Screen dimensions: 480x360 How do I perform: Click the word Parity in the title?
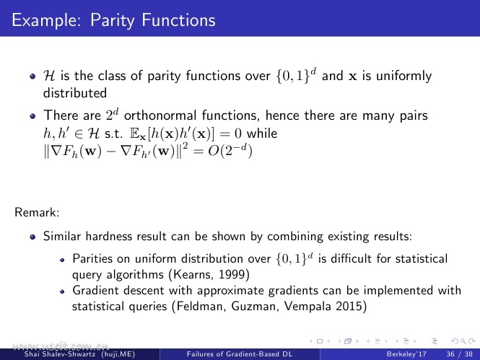(x=112, y=21)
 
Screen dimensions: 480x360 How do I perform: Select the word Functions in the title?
(x=178, y=20)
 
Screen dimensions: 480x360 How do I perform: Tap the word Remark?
(x=37, y=212)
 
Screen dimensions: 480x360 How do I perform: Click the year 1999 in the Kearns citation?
(x=232, y=274)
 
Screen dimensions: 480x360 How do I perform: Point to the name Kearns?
(x=193, y=274)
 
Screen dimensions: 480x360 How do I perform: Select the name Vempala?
(x=307, y=306)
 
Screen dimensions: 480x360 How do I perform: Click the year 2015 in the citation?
(x=349, y=306)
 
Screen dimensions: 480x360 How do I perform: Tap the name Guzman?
(x=255, y=306)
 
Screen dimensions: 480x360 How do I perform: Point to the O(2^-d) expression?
(x=230, y=151)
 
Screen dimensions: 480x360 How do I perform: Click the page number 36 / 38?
(x=459, y=354)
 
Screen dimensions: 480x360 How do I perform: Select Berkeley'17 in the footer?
(x=406, y=354)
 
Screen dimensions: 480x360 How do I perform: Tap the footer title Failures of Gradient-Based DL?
(x=240, y=354)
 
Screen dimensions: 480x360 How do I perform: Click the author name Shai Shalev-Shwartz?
(x=61, y=354)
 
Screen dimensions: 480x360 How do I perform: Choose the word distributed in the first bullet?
(x=74, y=93)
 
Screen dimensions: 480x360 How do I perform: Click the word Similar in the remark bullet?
(x=62, y=236)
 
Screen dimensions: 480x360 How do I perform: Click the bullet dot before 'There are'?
(x=32, y=116)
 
